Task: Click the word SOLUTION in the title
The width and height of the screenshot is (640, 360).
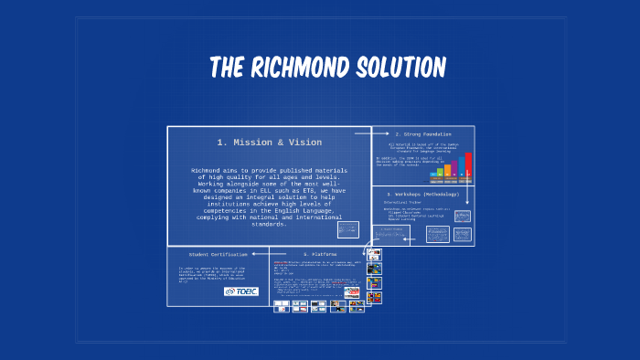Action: point(400,68)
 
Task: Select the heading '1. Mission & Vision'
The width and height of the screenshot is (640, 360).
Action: point(270,143)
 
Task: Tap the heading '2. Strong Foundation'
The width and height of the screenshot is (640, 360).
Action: point(423,134)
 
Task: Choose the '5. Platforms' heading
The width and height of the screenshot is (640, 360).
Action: point(320,253)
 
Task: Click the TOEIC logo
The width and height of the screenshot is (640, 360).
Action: point(241,291)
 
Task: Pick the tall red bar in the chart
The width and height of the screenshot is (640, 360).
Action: point(468,164)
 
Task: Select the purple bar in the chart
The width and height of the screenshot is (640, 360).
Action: point(454,167)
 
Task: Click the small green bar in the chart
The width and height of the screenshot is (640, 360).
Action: point(440,171)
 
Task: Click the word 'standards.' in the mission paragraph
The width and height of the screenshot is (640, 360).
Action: point(270,225)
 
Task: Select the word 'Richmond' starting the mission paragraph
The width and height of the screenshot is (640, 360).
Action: point(207,171)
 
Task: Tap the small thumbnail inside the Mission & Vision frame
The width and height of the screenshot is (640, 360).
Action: point(347,228)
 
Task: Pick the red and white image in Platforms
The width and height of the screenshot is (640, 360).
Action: point(351,293)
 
